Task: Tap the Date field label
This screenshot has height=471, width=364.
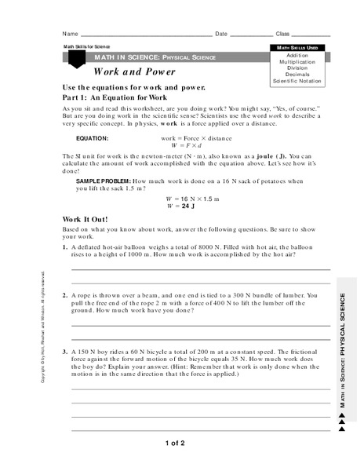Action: (x=221, y=35)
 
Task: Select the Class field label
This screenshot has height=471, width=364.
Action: (x=283, y=35)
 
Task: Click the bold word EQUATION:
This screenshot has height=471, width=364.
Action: (x=92, y=137)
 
